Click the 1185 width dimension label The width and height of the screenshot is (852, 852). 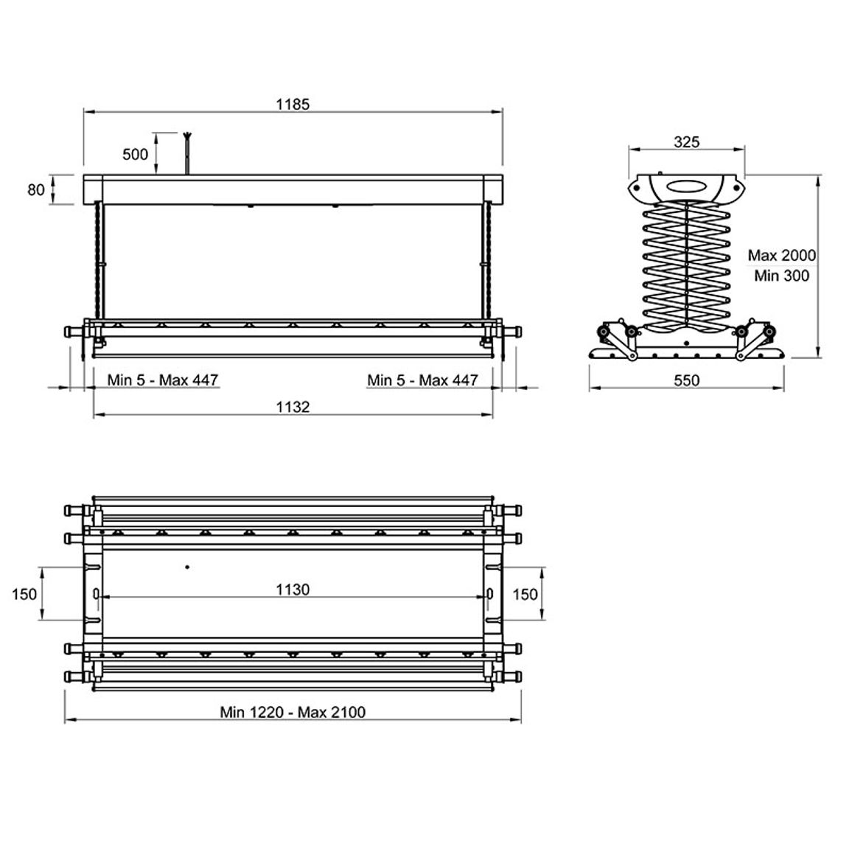tap(293, 104)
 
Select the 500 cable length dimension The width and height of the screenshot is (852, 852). tap(136, 154)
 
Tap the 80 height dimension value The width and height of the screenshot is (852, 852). tap(36, 189)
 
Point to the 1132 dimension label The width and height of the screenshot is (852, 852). tap(293, 406)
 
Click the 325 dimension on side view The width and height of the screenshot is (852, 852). tap(686, 142)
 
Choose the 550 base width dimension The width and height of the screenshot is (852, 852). tap(686, 380)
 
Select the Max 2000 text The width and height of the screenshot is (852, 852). tap(781, 256)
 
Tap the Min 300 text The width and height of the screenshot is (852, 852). tap(781, 276)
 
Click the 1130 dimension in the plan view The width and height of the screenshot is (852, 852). tap(293, 590)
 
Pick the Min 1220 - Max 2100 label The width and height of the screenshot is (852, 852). tap(293, 712)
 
